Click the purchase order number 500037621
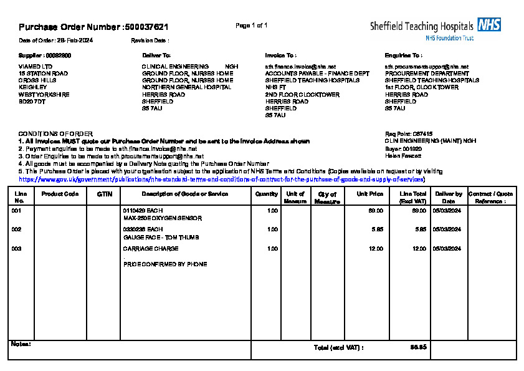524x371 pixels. coord(147,27)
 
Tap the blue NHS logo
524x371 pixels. coord(489,25)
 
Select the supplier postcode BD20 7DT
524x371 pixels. coord(32,101)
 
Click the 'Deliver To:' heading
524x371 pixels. coord(156,55)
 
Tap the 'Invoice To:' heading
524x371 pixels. coord(280,55)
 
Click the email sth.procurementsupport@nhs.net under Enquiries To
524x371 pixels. coord(427,66)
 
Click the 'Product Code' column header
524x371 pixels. coord(60,194)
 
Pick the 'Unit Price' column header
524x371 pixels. coord(369,194)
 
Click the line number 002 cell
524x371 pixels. coord(17,229)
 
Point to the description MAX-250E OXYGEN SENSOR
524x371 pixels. coord(162,219)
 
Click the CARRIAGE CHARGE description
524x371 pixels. coord(151,249)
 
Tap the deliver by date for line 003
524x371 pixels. coord(447,249)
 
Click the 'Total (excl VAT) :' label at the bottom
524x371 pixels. coord(339,347)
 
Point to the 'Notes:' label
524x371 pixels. coord(21,344)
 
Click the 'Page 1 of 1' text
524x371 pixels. coord(252,26)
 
